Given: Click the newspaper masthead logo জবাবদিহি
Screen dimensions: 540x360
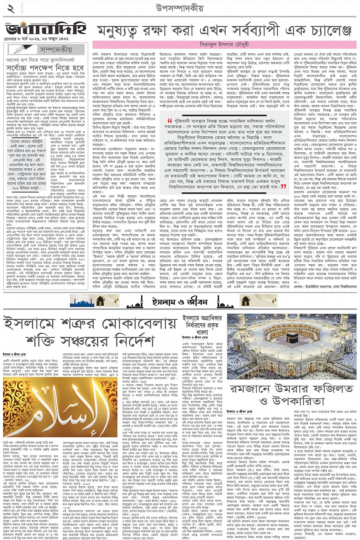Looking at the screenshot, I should (x=46, y=29).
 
